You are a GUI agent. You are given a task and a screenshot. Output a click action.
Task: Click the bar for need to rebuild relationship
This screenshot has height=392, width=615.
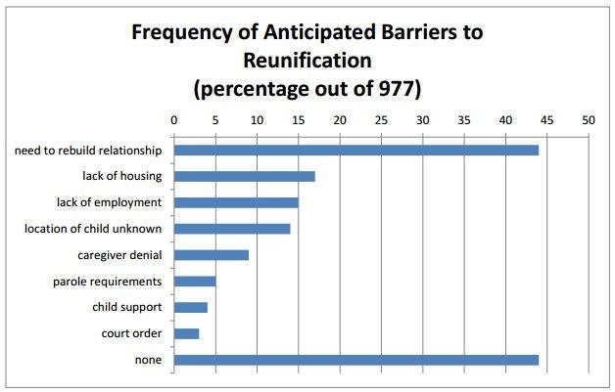(356, 150)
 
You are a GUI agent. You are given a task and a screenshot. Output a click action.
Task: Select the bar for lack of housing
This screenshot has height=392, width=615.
(245, 176)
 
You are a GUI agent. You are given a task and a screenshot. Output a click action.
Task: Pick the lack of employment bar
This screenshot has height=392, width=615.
(236, 202)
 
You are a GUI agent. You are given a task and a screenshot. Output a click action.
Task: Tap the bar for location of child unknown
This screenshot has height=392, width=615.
(232, 229)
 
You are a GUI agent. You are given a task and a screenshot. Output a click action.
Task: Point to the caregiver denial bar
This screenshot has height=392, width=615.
(212, 255)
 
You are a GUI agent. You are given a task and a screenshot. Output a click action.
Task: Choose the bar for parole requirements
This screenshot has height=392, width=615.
(195, 282)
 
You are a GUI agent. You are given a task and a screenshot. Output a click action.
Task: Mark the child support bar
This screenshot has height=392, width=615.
(191, 308)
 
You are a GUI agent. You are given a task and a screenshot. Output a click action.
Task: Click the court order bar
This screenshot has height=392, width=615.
(187, 334)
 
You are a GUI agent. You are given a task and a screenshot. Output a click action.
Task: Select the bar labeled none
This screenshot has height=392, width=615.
(356, 361)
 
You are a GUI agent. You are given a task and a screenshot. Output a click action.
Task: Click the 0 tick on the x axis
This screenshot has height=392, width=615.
(174, 121)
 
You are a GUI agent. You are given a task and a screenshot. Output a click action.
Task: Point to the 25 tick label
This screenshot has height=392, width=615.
(381, 121)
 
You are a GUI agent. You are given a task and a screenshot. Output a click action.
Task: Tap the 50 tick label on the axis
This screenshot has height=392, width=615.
(589, 121)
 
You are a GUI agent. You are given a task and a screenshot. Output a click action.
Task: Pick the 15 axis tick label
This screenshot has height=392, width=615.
(299, 121)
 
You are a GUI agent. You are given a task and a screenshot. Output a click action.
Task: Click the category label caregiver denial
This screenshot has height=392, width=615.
(120, 255)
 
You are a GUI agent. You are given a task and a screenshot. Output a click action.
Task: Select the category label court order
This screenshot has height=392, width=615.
(132, 334)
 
